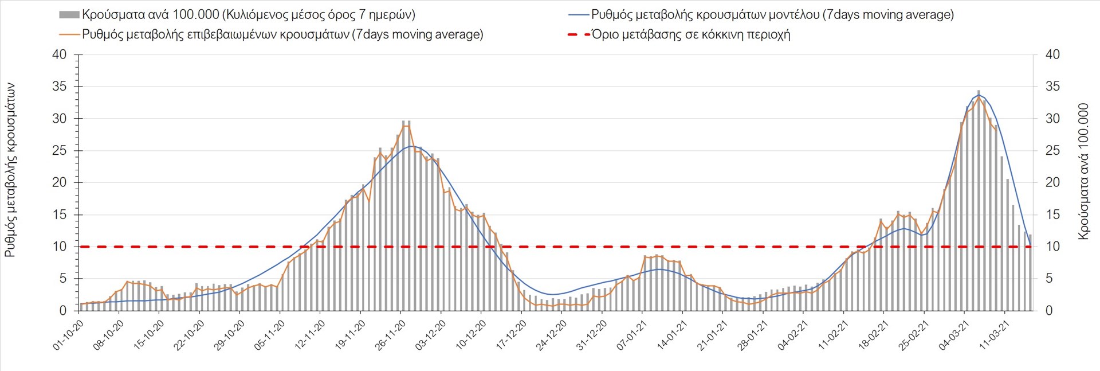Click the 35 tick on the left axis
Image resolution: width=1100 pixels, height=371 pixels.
[x=60, y=87]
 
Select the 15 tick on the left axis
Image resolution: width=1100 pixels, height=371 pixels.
[x=60, y=215]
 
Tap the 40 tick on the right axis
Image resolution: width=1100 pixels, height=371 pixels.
[x=1052, y=54]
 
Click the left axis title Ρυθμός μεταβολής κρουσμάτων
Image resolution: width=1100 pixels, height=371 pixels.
[x=10, y=170]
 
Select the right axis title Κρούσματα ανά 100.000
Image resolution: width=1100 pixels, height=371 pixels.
[x=1083, y=171]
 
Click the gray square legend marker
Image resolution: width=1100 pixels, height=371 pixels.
[x=69, y=14]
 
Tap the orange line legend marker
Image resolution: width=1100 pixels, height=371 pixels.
[x=69, y=34]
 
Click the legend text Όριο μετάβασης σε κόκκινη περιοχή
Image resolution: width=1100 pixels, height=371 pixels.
[x=691, y=34]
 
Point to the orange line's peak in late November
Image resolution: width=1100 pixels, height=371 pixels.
[x=406, y=126]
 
